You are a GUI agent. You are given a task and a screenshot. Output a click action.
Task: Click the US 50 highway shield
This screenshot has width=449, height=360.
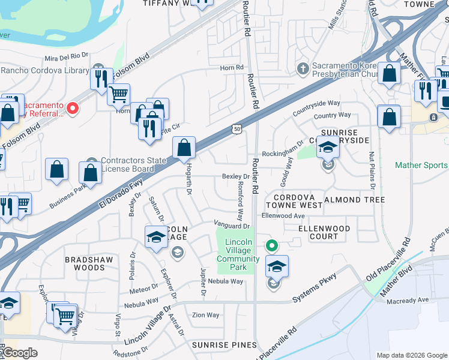tap(237, 129)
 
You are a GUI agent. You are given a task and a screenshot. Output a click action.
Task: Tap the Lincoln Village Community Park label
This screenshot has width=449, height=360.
tap(239, 255)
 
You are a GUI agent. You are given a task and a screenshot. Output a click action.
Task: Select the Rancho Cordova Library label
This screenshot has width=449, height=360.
tap(45, 70)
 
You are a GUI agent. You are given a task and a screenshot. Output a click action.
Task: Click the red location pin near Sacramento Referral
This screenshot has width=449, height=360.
tap(73, 108)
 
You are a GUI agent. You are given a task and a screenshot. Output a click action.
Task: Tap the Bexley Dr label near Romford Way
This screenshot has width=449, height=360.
tap(235, 176)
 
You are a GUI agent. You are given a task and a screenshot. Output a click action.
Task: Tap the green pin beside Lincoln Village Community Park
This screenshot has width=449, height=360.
tap(272, 245)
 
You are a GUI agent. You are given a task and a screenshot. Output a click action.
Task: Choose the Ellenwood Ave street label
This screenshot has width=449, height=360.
tap(283, 216)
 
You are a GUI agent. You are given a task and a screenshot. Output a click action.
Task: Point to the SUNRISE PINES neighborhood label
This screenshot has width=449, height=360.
tap(224, 345)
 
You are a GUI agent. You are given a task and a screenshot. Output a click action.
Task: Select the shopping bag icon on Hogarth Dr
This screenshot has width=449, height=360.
tap(184, 148)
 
